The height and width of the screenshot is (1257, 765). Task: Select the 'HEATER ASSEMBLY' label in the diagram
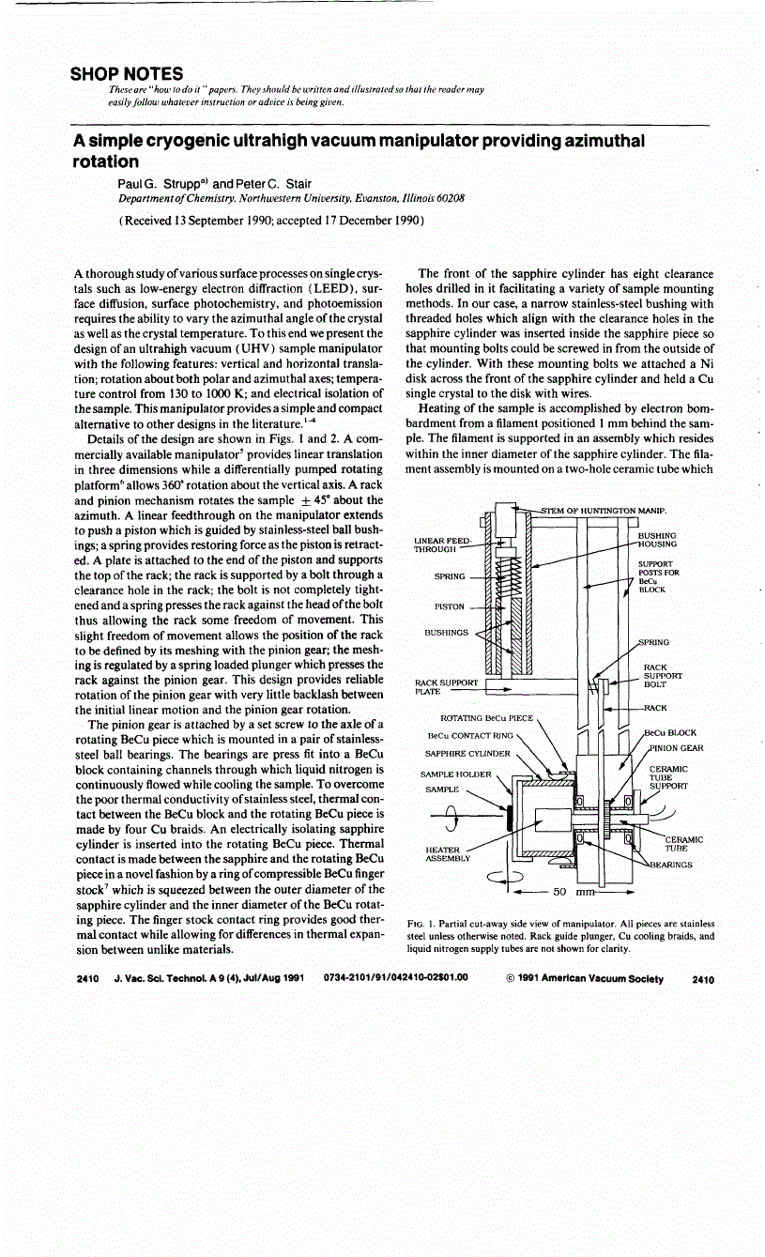point(446,853)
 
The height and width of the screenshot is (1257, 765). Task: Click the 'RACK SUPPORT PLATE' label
point(446,686)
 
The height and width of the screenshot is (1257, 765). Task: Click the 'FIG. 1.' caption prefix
point(424,924)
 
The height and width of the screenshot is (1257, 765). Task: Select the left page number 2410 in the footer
point(87,978)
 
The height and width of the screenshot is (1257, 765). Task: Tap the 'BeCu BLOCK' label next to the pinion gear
point(669,732)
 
